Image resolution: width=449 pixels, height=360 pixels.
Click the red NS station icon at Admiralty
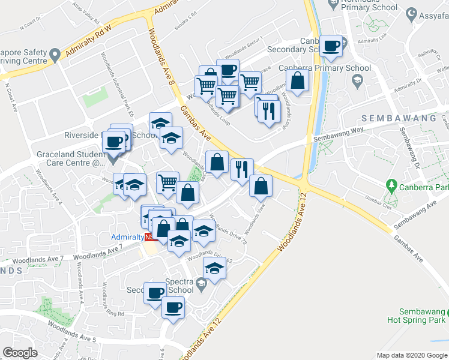point(148,237)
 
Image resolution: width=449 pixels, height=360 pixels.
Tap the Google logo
point(20,352)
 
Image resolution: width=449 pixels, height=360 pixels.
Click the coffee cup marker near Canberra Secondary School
point(330,46)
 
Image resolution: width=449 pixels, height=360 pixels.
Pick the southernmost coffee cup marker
point(173,307)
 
